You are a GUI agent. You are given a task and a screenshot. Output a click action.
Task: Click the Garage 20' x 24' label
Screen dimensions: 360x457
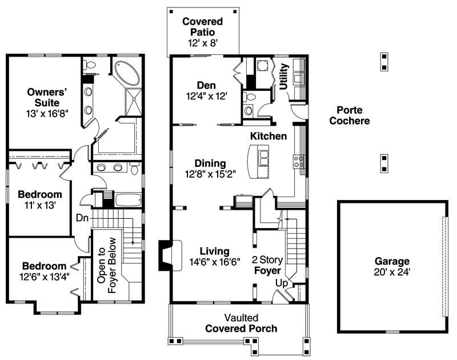[391, 266]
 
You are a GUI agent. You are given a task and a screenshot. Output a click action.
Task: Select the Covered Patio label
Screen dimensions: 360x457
[202, 32]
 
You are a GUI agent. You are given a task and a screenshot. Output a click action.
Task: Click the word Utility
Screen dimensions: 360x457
[284, 76]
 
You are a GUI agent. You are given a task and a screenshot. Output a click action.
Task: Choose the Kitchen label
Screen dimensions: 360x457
[268, 136]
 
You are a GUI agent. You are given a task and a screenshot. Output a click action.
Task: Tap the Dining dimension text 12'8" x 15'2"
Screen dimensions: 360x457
[210, 173]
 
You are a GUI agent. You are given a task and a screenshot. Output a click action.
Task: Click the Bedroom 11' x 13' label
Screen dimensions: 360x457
[39, 198]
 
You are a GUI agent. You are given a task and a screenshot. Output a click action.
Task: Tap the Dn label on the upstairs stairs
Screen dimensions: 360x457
[82, 217]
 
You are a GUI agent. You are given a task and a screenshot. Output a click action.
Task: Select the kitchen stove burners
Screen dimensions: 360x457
[298, 161]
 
